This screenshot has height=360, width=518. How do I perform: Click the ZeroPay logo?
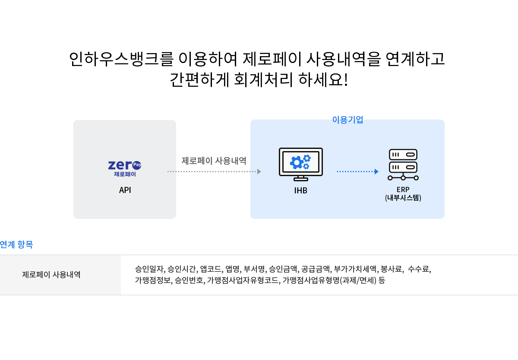125,168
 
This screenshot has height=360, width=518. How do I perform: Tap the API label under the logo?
125,190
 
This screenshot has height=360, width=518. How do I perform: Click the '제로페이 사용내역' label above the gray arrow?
214,161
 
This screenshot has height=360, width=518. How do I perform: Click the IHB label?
300,190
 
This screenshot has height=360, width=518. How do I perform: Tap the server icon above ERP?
403,164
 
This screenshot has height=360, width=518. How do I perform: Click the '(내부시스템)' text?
403,198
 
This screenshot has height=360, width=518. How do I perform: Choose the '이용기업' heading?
347,120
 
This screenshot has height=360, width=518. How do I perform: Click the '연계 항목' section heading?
16,245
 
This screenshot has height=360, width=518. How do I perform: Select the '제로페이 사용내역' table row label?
51,275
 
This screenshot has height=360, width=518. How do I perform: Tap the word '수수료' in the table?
418,269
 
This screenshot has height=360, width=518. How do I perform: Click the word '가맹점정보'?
153,280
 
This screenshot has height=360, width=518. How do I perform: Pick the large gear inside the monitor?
297,163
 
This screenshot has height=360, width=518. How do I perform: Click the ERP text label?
403,190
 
